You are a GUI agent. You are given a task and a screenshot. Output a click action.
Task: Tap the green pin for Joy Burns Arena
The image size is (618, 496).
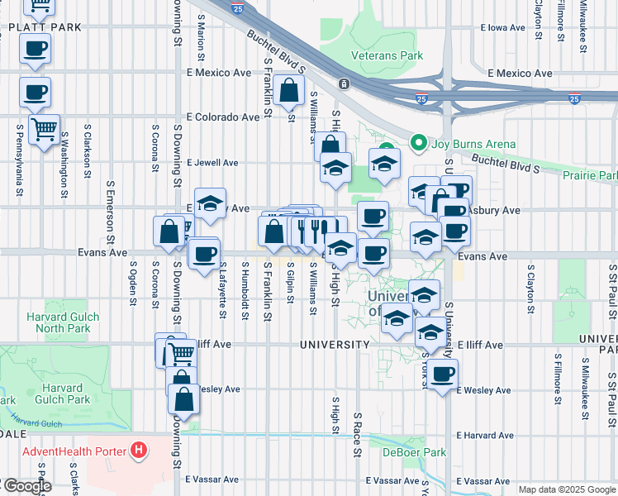pos(418,144)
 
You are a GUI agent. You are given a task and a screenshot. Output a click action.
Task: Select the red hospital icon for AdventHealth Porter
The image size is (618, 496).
pos(139,451)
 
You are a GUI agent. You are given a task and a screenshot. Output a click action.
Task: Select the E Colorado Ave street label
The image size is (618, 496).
pos(223,117)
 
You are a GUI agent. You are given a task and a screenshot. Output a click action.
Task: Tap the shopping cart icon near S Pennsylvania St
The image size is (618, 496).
pos(44,128)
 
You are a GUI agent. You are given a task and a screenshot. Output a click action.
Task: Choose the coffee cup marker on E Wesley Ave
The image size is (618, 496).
pos(443,374)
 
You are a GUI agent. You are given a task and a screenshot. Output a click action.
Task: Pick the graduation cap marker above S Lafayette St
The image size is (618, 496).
pos(211,203)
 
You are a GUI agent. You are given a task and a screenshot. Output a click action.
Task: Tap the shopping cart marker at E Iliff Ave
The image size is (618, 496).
pos(181,355)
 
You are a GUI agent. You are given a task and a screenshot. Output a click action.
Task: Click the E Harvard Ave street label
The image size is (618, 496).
pos(484,435)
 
